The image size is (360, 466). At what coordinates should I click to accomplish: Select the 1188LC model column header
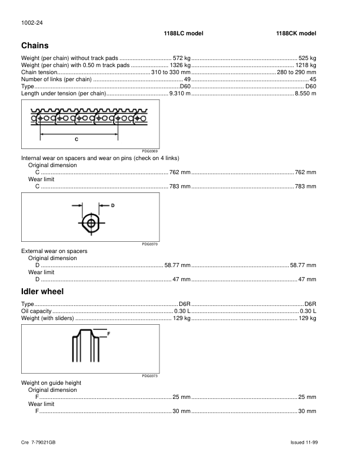coord(184,34)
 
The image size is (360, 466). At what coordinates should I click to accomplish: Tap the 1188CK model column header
coord(296,34)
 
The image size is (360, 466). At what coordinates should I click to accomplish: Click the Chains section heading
coord(35,45)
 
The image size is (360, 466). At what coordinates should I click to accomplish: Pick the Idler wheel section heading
coord(42,291)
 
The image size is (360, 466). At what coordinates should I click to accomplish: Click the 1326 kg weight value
coord(180,65)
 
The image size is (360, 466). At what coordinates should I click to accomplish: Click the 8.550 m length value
coord(305,94)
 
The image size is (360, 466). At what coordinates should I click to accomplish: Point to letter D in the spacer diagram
coord(112,205)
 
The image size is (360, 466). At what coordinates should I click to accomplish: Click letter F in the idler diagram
coord(109,334)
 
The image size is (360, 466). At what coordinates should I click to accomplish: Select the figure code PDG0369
coord(151,152)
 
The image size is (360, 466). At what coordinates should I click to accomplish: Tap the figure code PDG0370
coord(151,244)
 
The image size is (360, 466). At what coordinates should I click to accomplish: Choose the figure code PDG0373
coord(151,376)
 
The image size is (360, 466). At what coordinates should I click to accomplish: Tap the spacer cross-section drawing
coord(92,223)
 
